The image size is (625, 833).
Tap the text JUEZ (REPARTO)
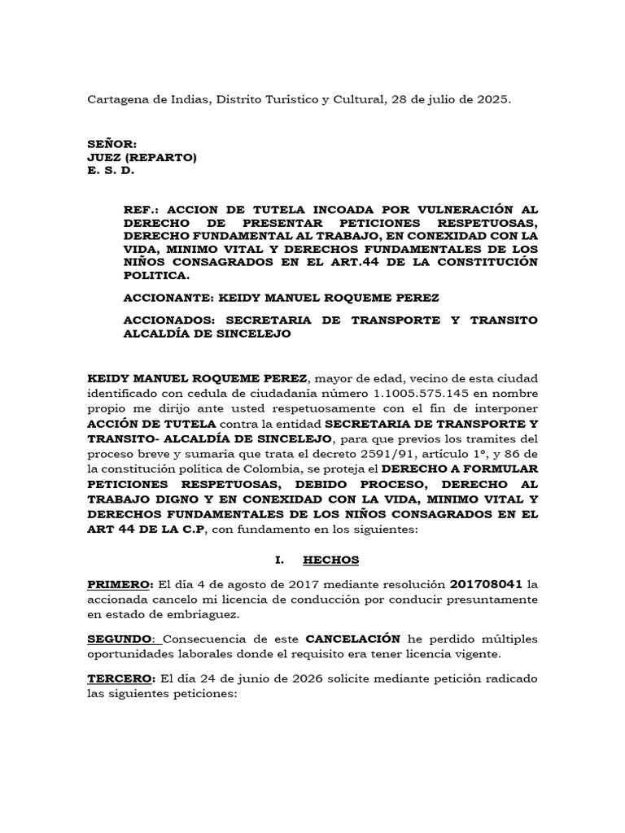coord(142,158)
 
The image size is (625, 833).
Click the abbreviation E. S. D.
coord(110,171)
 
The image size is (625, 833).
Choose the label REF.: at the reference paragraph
coord(141,209)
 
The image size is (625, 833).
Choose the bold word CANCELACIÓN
coord(353,639)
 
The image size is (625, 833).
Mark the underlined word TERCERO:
coord(121,678)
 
